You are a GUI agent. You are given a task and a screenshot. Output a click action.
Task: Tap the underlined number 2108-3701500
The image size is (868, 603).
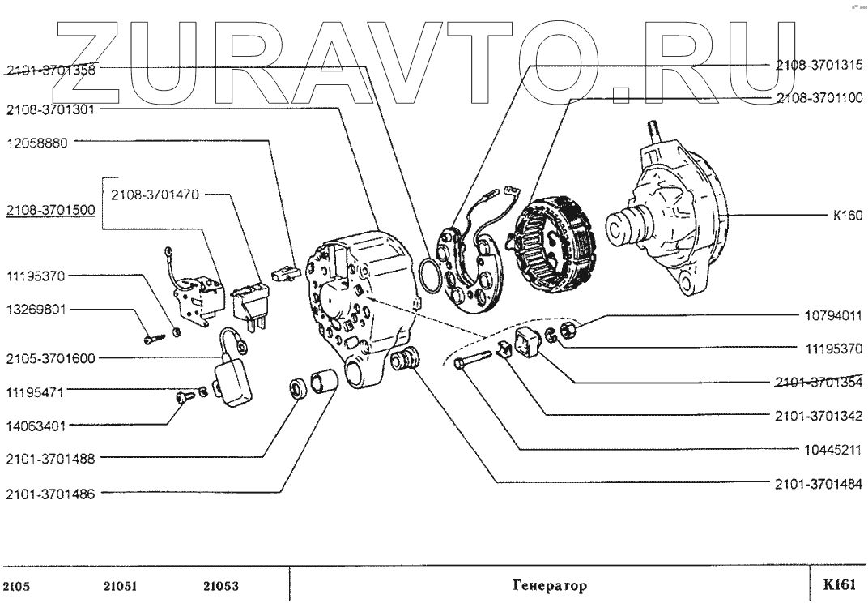tap(50, 211)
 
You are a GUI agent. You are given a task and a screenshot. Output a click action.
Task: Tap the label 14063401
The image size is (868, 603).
tap(38, 423)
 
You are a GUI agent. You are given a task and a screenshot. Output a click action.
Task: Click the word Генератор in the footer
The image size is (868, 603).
tap(550, 584)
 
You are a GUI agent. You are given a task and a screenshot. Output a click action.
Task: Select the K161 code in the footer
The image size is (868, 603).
tap(839, 584)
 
